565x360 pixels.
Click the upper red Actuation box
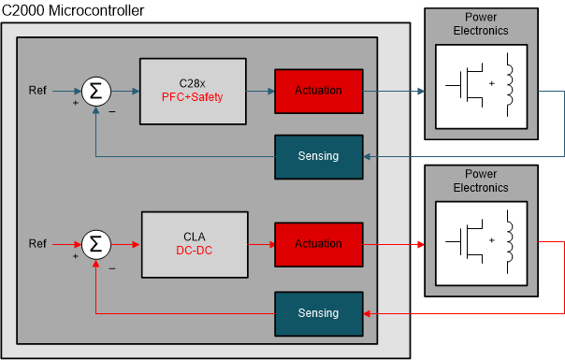[318, 91]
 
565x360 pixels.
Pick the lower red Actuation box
[318, 244]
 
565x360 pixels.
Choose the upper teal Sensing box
[317, 155]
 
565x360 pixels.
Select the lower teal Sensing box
[317, 313]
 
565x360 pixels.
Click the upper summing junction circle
[94, 92]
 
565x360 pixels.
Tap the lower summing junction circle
[94, 245]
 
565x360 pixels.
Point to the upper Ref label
[38, 91]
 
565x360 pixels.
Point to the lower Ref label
[38, 244]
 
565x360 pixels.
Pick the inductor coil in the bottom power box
[511, 240]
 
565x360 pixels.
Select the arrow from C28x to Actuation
[258, 92]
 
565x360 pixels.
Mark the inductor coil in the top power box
[511, 82]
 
